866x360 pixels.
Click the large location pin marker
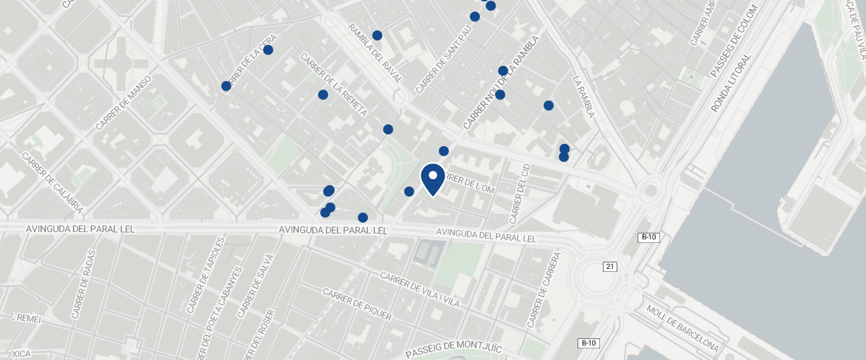432,179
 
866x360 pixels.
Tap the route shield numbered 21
610,267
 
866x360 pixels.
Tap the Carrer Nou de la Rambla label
503,83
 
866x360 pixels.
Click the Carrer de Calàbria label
51,184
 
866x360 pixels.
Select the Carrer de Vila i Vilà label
419,289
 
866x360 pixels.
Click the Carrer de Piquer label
357,304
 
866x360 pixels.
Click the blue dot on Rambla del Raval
377,35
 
